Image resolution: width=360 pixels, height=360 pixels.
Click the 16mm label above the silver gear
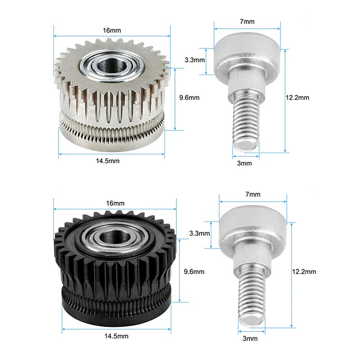pyautogui.click(x=112, y=30)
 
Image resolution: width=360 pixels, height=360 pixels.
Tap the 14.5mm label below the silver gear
pyautogui.click(x=108, y=161)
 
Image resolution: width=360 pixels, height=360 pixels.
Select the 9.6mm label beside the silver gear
pyautogui.click(x=189, y=98)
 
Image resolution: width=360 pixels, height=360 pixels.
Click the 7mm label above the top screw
pyautogui.click(x=247, y=22)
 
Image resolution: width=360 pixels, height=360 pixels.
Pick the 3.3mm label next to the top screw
pyautogui.click(x=195, y=60)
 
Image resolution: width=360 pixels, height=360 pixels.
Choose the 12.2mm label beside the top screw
pyautogui.click(x=297, y=98)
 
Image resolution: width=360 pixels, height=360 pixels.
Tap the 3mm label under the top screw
pyautogui.click(x=244, y=163)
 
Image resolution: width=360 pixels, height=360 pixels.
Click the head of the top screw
pyautogui.click(x=247, y=54)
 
